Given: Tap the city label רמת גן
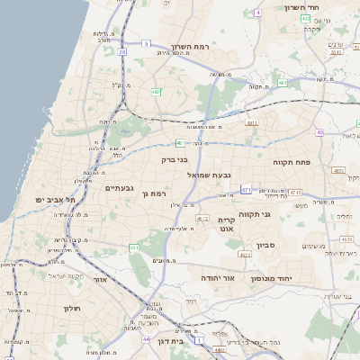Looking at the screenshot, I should tap(160, 193).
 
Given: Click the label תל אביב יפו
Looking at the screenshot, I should tap(52, 199).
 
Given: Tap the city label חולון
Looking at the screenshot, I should tap(71, 309).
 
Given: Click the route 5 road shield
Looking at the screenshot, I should tap(146, 42).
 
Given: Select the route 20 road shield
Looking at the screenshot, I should tap(121, 51).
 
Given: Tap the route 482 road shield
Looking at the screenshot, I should tap(156, 92).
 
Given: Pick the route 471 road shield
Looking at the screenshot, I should tap(247, 190).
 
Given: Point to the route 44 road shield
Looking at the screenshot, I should tap(146, 339).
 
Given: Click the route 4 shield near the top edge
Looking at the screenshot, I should tap(257, 13).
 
